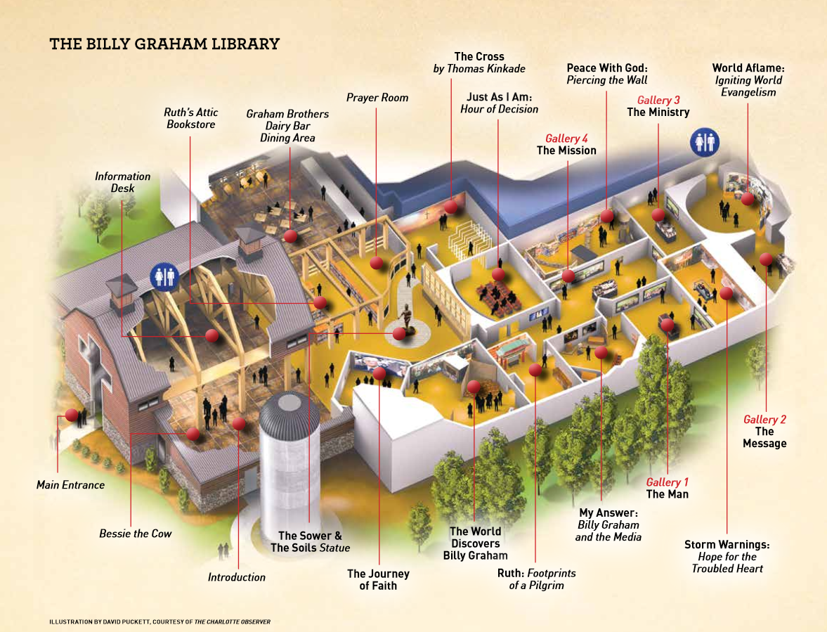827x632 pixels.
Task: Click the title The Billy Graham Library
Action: pyautogui.click(x=164, y=44)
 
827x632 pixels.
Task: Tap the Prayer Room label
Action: pyautogui.click(x=377, y=98)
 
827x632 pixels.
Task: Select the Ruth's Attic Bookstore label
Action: pyautogui.click(x=192, y=118)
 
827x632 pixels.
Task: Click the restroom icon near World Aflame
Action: pyautogui.click(x=703, y=141)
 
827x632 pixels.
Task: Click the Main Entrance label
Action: pyautogui.click(x=70, y=484)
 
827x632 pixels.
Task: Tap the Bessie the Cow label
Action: pyautogui.click(x=136, y=534)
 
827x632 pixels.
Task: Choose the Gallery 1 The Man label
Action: pyautogui.click(x=667, y=488)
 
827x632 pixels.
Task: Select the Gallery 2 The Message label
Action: pyautogui.click(x=764, y=431)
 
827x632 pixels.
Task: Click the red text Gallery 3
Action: pyautogui.click(x=658, y=101)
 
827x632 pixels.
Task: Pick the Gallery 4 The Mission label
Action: pyautogui.click(x=566, y=144)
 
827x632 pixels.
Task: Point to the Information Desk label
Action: pyautogui.click(x=123, y=182)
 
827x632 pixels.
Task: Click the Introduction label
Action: pyautogui.click(x=237, y=577)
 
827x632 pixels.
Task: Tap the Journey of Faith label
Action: pyautogui.click(x=378, y=579)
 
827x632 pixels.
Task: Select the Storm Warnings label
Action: pyautogui.click(x=727, y=556)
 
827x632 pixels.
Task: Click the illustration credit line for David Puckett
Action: pyautogui.click(x=160, y=621)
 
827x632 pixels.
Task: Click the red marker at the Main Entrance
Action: pyautogui.click(x=71, y=415)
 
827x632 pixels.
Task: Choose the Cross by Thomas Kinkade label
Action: pyautogui.click(x=479, y=62)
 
